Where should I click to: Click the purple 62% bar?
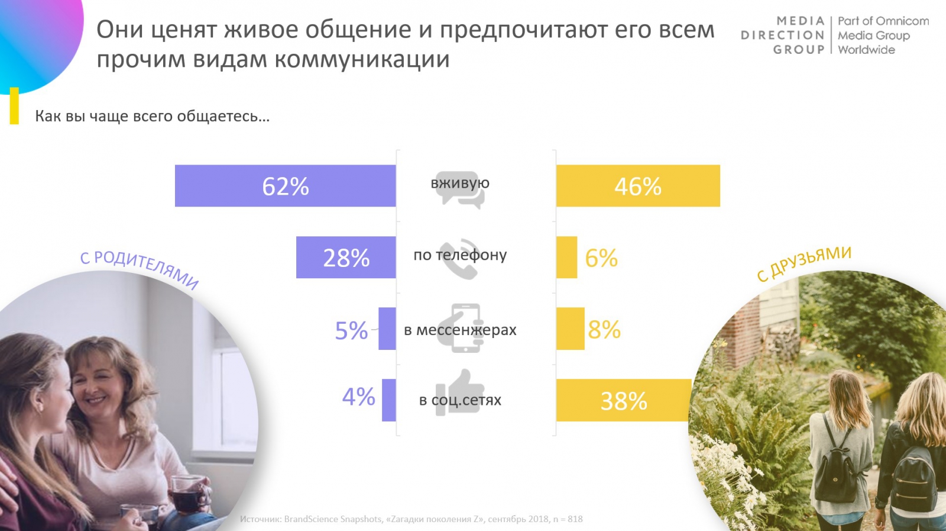point(285,186)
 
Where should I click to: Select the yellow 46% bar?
point(638,186)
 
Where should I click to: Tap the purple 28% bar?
point(346,258)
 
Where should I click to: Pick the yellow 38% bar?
point(624,401)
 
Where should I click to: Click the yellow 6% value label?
point(601,258)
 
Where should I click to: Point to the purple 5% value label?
point(351,330)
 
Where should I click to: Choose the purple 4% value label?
point(358,397)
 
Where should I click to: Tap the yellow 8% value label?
point(604,330)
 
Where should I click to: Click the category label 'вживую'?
point(460,183)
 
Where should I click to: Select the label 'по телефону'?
point(460,255)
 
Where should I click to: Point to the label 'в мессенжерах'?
point(460,330)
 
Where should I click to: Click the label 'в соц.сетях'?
point(460,400)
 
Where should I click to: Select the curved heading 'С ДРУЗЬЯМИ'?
point(804,263)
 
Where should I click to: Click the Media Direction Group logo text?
point(782,36)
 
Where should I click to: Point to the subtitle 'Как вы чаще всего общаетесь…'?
point(152,116)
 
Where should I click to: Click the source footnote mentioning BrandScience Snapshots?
point(411,519)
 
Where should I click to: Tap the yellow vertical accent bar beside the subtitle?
point(14,107)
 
